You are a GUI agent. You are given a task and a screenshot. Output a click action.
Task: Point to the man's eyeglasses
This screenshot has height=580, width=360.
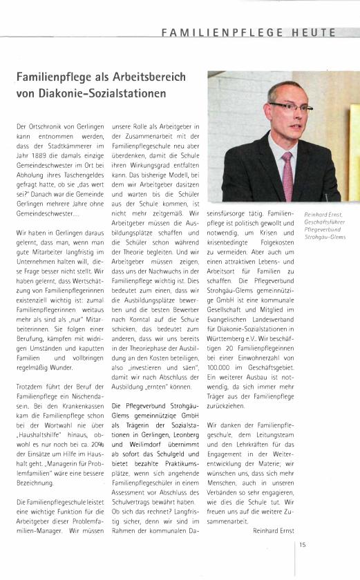click(x=290, y=107)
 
